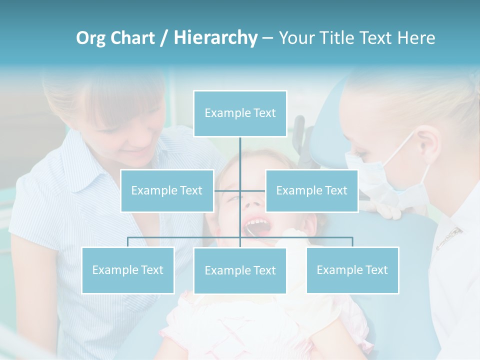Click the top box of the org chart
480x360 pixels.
240,113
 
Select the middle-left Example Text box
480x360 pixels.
167,190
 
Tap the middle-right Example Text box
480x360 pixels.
311,190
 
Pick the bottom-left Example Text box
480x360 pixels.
128,270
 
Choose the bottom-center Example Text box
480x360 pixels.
240,270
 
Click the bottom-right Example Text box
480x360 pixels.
352,270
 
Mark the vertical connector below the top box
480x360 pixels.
240,155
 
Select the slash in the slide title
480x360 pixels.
162,38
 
